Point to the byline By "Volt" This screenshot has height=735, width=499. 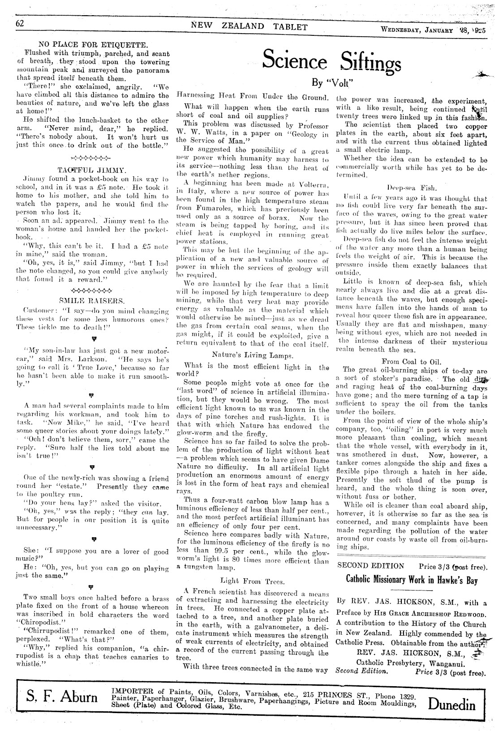[x=332, y=83]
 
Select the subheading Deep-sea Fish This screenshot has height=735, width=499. [x=412, y=188]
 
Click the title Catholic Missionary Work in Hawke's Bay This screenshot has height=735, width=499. [x=412, y=580]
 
